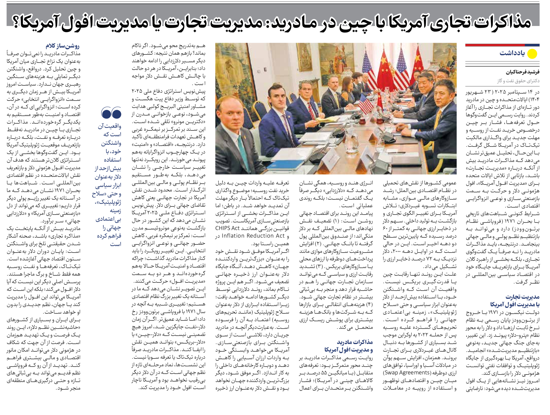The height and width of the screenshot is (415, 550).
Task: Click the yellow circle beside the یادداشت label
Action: [532, 54]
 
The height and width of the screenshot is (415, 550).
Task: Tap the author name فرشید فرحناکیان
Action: [522, 72]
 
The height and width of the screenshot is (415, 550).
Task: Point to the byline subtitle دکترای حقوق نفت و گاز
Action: [518, 81]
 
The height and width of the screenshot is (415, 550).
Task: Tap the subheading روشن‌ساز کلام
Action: [62, 46]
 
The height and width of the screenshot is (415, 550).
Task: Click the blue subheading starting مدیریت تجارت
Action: [515, 300]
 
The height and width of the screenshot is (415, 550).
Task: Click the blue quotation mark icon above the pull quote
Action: [111, 113]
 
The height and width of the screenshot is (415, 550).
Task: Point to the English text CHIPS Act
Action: [228, 228]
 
